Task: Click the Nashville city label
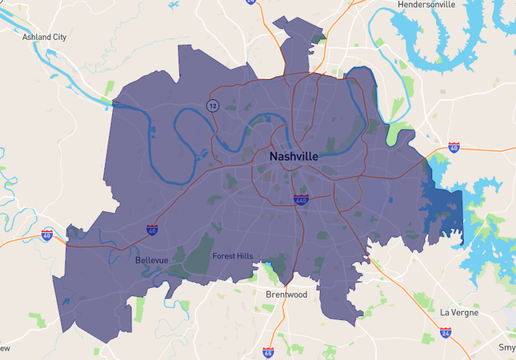pos(294,156)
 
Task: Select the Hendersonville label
pos(438,5)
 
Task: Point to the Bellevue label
pos(150,261)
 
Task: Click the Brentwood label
pos(286,294)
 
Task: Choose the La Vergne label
pos(459,312)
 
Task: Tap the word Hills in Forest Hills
pos(244,256)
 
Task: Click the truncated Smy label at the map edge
pos(507,348)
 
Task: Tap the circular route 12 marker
pos(212,106)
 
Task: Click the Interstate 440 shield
pos(300,200)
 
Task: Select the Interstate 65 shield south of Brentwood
pos(267,352)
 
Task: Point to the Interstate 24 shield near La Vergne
pos(446,332)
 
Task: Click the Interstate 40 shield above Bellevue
pos(152,230)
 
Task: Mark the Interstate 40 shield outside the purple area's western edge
pos(47,235)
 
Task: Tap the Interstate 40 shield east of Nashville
pos(454,148)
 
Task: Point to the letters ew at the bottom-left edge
pos(5,349)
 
